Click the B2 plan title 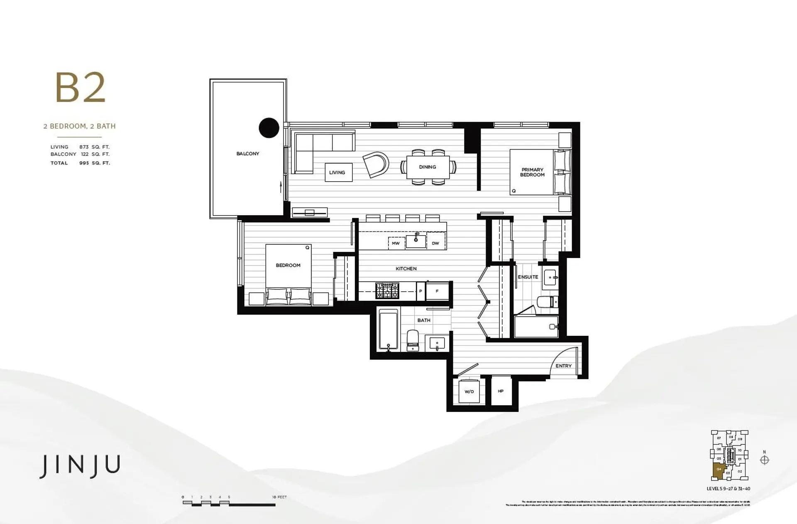(81, 88)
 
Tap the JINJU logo (80, 466)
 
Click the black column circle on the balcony (269, 128)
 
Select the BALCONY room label (248, 154)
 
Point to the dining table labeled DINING (428, 167)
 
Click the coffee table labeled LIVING (338, 172)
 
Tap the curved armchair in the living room (376, 165)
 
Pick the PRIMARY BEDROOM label (532, 172)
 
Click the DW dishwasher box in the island (435, 244)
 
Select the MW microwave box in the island (396, 244)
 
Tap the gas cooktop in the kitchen (387, 291)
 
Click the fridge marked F (437, 291)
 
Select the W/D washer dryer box (469, 391)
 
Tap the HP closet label (501, 391)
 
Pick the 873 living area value (84, 147)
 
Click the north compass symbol (764, 460)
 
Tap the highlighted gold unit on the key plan (719, 471)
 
